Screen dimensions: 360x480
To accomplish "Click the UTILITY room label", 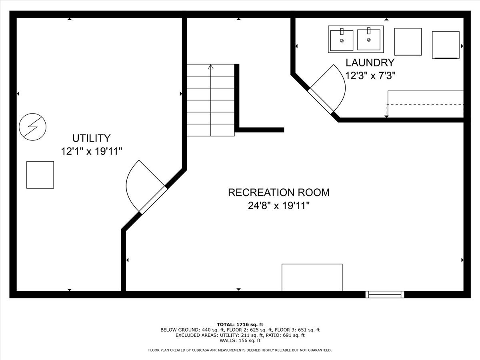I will (x=91, y=138).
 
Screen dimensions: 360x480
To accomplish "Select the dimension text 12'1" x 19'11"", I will (x=91, y=152).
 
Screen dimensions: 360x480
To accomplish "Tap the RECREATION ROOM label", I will (x=279, y=192).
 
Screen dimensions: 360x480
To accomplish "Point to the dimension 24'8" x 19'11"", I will (x=279, y=206).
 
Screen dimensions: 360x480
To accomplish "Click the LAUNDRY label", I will (x=370, y=63).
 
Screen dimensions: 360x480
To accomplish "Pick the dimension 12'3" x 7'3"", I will (x=370, y=76).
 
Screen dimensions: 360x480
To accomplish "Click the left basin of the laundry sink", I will (x=342, y=40).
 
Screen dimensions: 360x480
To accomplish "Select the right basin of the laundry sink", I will (x=368, y=40).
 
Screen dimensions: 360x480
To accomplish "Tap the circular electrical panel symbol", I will (x=33, y=127).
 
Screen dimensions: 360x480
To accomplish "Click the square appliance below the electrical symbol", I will (x=40, y=175).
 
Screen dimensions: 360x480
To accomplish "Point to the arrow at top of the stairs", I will (x=211, y=67).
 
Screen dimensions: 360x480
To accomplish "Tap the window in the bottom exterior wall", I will (x=385, y=294).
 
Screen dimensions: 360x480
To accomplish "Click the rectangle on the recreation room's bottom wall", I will (x=312, y=277).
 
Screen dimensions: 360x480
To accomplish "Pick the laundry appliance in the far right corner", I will (x=446, y=45).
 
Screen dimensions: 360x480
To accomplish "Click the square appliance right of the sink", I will (x=408, y=42).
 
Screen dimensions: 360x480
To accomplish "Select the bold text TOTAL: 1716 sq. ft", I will (x=240, y=324).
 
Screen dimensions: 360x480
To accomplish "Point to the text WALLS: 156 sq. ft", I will (x=240, y=341).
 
